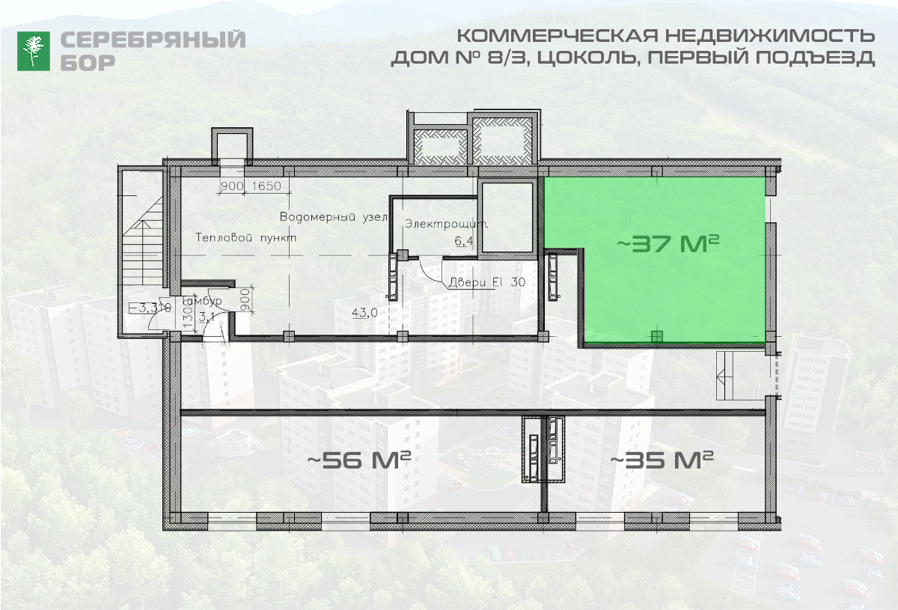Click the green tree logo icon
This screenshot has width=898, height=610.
coord(34,51)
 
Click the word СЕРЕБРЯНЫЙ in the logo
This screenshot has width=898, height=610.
coord(153,40)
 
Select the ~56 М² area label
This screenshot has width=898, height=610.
coord(359,460)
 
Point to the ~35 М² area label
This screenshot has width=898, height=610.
coord(662,459)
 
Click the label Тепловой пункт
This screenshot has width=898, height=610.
coord(245,237)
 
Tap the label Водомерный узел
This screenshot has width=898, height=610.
coord(332,217)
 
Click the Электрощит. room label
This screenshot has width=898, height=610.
coord(448,224)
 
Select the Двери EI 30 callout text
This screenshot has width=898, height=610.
coord(486,283)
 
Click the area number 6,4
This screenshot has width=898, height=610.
coord(464,241)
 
